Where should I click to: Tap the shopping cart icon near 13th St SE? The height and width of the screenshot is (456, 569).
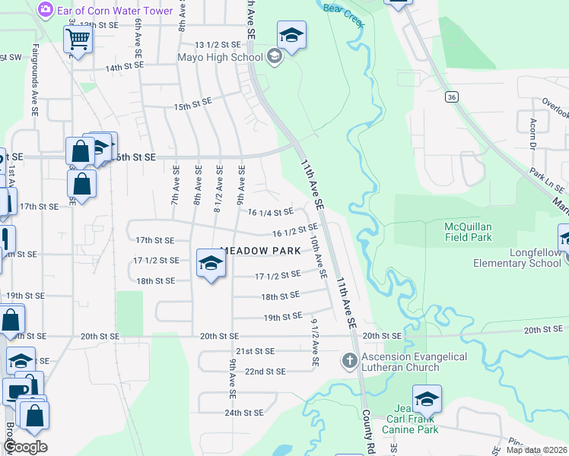tap(78, 39)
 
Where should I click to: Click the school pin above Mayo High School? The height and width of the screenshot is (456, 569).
tap(291, 35)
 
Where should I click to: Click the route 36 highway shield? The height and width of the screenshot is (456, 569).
tap(452, 97)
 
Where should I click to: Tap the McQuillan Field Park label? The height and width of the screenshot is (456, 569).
tap(479, 232)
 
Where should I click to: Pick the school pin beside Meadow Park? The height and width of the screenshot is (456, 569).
tap(211, 263)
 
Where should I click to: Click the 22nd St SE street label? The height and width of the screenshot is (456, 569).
tap(265, 371)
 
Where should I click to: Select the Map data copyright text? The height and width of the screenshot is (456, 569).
tap(536, 450)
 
